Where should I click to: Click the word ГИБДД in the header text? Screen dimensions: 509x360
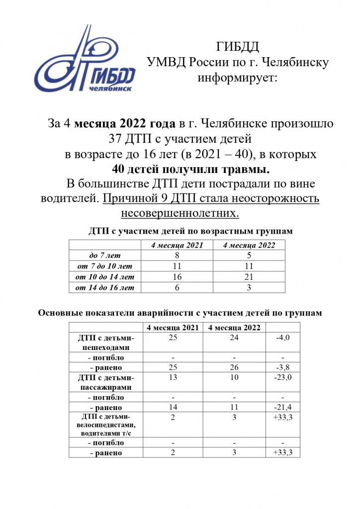[238, 47]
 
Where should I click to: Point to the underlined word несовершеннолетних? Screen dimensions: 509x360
[180, 213]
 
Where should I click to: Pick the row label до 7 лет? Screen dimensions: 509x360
[104, 255]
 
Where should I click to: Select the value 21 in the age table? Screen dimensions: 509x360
[248, 276]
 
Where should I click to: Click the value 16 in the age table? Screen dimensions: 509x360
[177, 276]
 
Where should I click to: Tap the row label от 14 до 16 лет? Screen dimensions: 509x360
[104, 287]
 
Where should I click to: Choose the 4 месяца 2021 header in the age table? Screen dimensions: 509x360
[177, 245]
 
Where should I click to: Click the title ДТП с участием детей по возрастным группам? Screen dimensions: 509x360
[191, 231]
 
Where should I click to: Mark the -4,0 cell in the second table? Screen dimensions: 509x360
[282, 338]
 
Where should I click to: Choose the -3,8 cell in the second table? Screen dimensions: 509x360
[282, 367]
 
